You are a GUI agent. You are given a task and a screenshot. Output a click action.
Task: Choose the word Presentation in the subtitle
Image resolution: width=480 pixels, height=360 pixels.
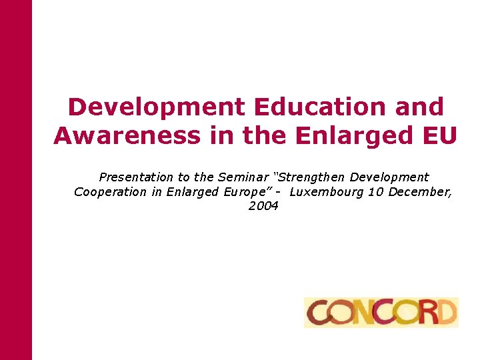tap(136, 177)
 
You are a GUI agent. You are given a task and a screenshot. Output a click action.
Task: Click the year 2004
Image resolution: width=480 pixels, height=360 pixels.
tap(263, 206)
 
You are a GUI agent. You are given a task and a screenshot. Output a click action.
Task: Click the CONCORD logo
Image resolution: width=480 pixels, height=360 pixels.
tap(381, 313)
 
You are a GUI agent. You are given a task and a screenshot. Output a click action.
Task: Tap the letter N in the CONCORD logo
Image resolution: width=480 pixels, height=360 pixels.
tap(370, 313)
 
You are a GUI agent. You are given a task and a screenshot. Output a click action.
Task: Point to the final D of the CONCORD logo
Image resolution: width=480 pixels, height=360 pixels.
tap(447, 313)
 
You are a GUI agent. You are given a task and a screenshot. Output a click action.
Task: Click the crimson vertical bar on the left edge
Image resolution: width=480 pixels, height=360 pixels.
tap(15, 180)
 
